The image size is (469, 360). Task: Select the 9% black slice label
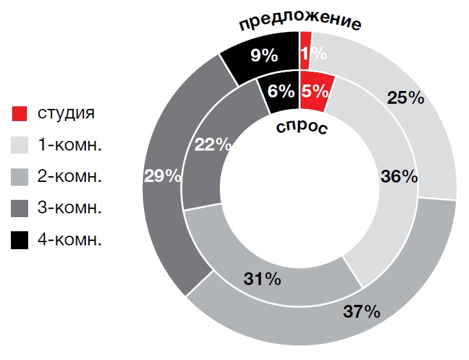(264, 56)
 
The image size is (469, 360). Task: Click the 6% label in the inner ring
(281, 91)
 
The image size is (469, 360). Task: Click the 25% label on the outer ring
(406, 98)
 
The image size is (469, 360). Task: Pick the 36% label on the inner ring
(399, 176)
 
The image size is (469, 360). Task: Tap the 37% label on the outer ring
(361, 312)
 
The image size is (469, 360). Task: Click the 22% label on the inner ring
(213, 145)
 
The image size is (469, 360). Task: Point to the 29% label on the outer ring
(163, 176)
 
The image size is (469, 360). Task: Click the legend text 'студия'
(66, 114)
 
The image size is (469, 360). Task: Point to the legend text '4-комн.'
(70, 240)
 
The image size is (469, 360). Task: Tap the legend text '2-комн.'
(70, 177)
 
